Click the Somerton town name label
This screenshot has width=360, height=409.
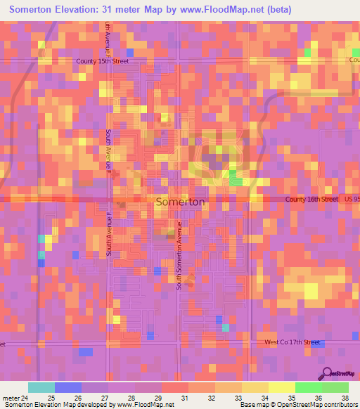click(180, 202)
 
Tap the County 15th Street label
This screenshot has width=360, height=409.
click(103, 61)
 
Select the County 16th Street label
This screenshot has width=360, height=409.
click(312, 200)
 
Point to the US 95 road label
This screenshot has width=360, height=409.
click(352, 200)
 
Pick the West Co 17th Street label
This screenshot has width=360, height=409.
click(292, 342)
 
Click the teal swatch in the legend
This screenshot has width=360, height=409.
click(41, 387)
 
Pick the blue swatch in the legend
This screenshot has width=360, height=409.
click(67, 387)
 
